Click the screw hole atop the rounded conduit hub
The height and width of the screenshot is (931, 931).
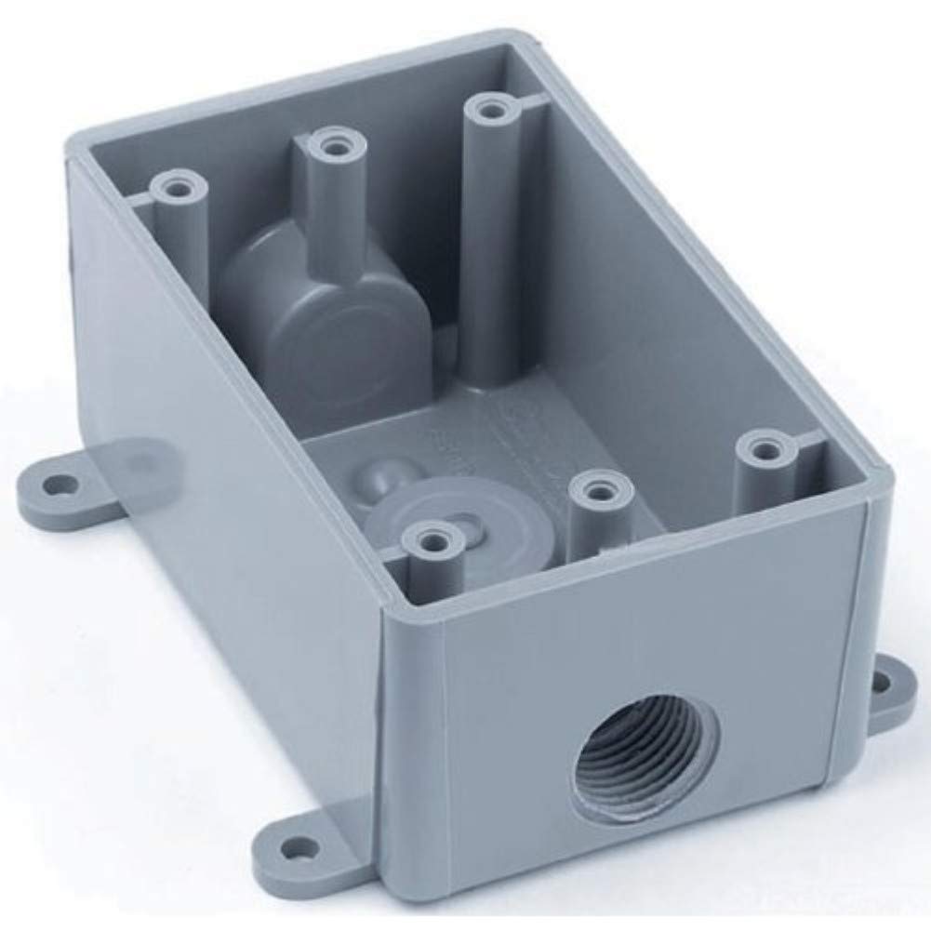pos(330,145)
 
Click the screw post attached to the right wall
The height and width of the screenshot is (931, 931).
pos(764,451)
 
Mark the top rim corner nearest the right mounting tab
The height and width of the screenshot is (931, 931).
pos(874,488)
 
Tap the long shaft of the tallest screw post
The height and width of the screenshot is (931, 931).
pos(485,251)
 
